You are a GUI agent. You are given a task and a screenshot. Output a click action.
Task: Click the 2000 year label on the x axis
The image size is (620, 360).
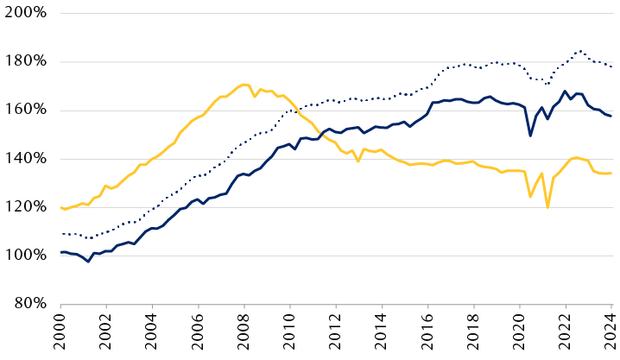click(61, 334)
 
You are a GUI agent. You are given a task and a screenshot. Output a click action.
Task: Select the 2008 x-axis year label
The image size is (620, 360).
click(244, 334)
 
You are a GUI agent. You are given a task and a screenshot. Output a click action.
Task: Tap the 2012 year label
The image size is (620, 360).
click(336, 334)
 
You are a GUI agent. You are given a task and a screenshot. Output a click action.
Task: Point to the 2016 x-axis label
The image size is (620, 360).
click(428, 334)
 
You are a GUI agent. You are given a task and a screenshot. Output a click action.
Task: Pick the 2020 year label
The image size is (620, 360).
click(520, 334)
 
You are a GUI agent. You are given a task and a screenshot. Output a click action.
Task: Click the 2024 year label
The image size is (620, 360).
click(611, 334)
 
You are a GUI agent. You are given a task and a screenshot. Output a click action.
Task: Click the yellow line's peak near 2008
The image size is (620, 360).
click(244, 85)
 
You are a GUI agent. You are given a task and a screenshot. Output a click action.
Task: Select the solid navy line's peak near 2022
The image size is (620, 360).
click(565, 92)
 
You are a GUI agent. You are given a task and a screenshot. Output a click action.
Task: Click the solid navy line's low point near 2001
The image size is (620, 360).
click(88, 262)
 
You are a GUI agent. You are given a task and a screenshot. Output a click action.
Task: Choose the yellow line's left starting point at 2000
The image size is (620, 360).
click(61, 207)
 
